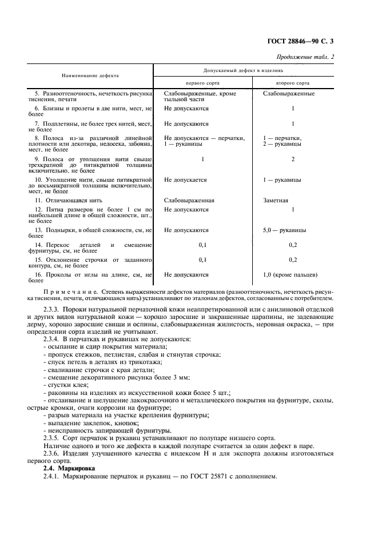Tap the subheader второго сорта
(x=293, y=82)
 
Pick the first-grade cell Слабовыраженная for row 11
(x=189, y=200)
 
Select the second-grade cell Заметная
(x=276, y=200)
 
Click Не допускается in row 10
(x=185, y=179)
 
